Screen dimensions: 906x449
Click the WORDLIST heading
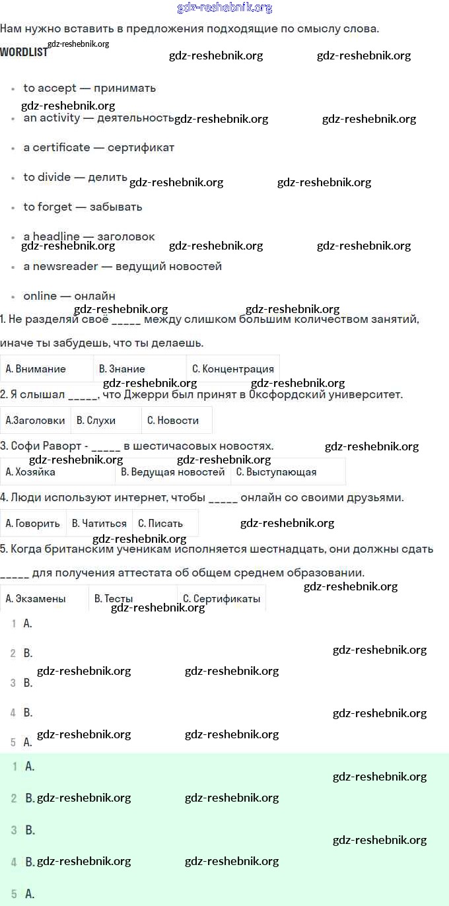click(x=24, y=52)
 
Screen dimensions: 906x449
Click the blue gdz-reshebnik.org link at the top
click(x=224, y=8)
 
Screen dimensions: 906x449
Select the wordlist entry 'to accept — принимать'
click(x=89, y=88)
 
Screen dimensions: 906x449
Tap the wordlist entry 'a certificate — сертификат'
click(x=98, y=147)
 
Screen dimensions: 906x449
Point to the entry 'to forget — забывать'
click(x=83, y=207)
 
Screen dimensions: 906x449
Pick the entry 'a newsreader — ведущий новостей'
click(x=122, y=266)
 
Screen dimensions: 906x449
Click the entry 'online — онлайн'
click(x=69, y=296)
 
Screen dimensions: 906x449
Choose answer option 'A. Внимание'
click(x=36, y=369)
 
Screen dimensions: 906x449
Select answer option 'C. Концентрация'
click(x=232, y=369)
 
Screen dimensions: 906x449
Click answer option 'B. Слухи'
click(x=96, y=420)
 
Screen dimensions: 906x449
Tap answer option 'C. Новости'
click(x=173, y=420)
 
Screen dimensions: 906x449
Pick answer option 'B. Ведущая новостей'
click(x=173, y=472)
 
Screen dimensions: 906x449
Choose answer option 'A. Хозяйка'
click(x=30, y=472)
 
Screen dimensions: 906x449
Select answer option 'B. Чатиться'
click(x=99, y=524)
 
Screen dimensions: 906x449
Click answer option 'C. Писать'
click(x=160, y=524)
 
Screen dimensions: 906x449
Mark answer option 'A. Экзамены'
click(x=36, y=599)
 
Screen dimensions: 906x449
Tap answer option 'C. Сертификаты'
click(x=221, y=599)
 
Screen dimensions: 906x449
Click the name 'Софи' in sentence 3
click(x=26, y=446)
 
